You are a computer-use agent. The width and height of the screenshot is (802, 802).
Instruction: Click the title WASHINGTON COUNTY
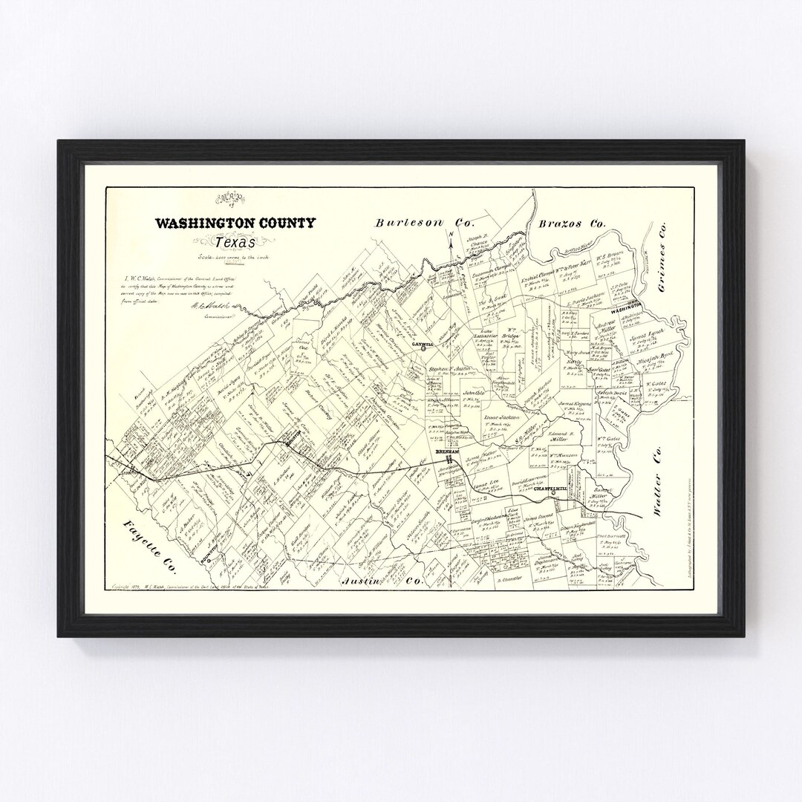click(x=235, y=223)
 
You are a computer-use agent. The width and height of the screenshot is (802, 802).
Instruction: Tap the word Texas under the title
click(x=234, y=242)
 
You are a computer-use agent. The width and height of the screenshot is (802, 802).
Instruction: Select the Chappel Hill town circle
click(x=553, y=492)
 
